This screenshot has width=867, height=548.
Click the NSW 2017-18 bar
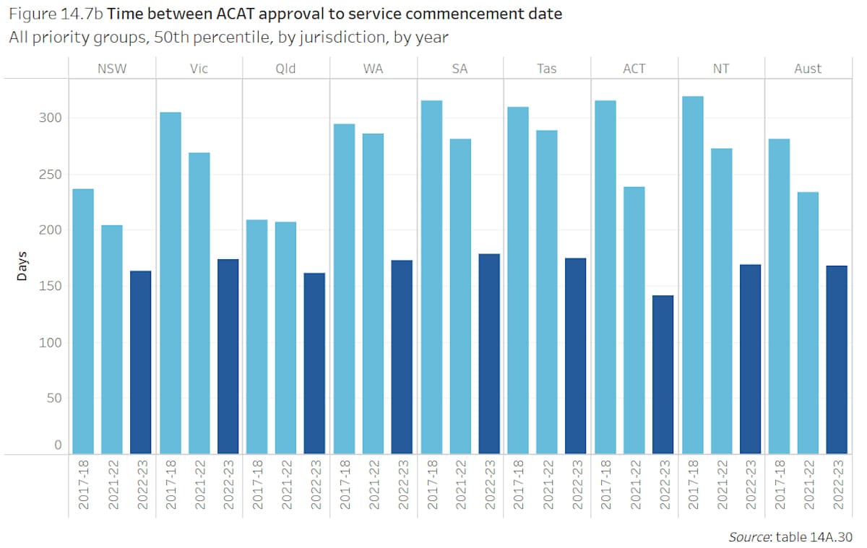(83, 321)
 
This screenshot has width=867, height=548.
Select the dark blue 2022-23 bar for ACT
(663, 375)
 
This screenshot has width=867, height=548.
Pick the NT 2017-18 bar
(692, 275)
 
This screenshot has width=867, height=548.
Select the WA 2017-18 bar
(344, 289)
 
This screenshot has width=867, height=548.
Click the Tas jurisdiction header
(547, 69)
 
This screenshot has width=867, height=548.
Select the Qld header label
(286, 69)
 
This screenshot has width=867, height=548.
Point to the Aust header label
(808, 69)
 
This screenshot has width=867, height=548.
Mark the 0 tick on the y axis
(58, 445)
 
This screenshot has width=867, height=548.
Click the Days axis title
(22, 266)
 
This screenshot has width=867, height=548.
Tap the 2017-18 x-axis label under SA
(431, 484)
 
